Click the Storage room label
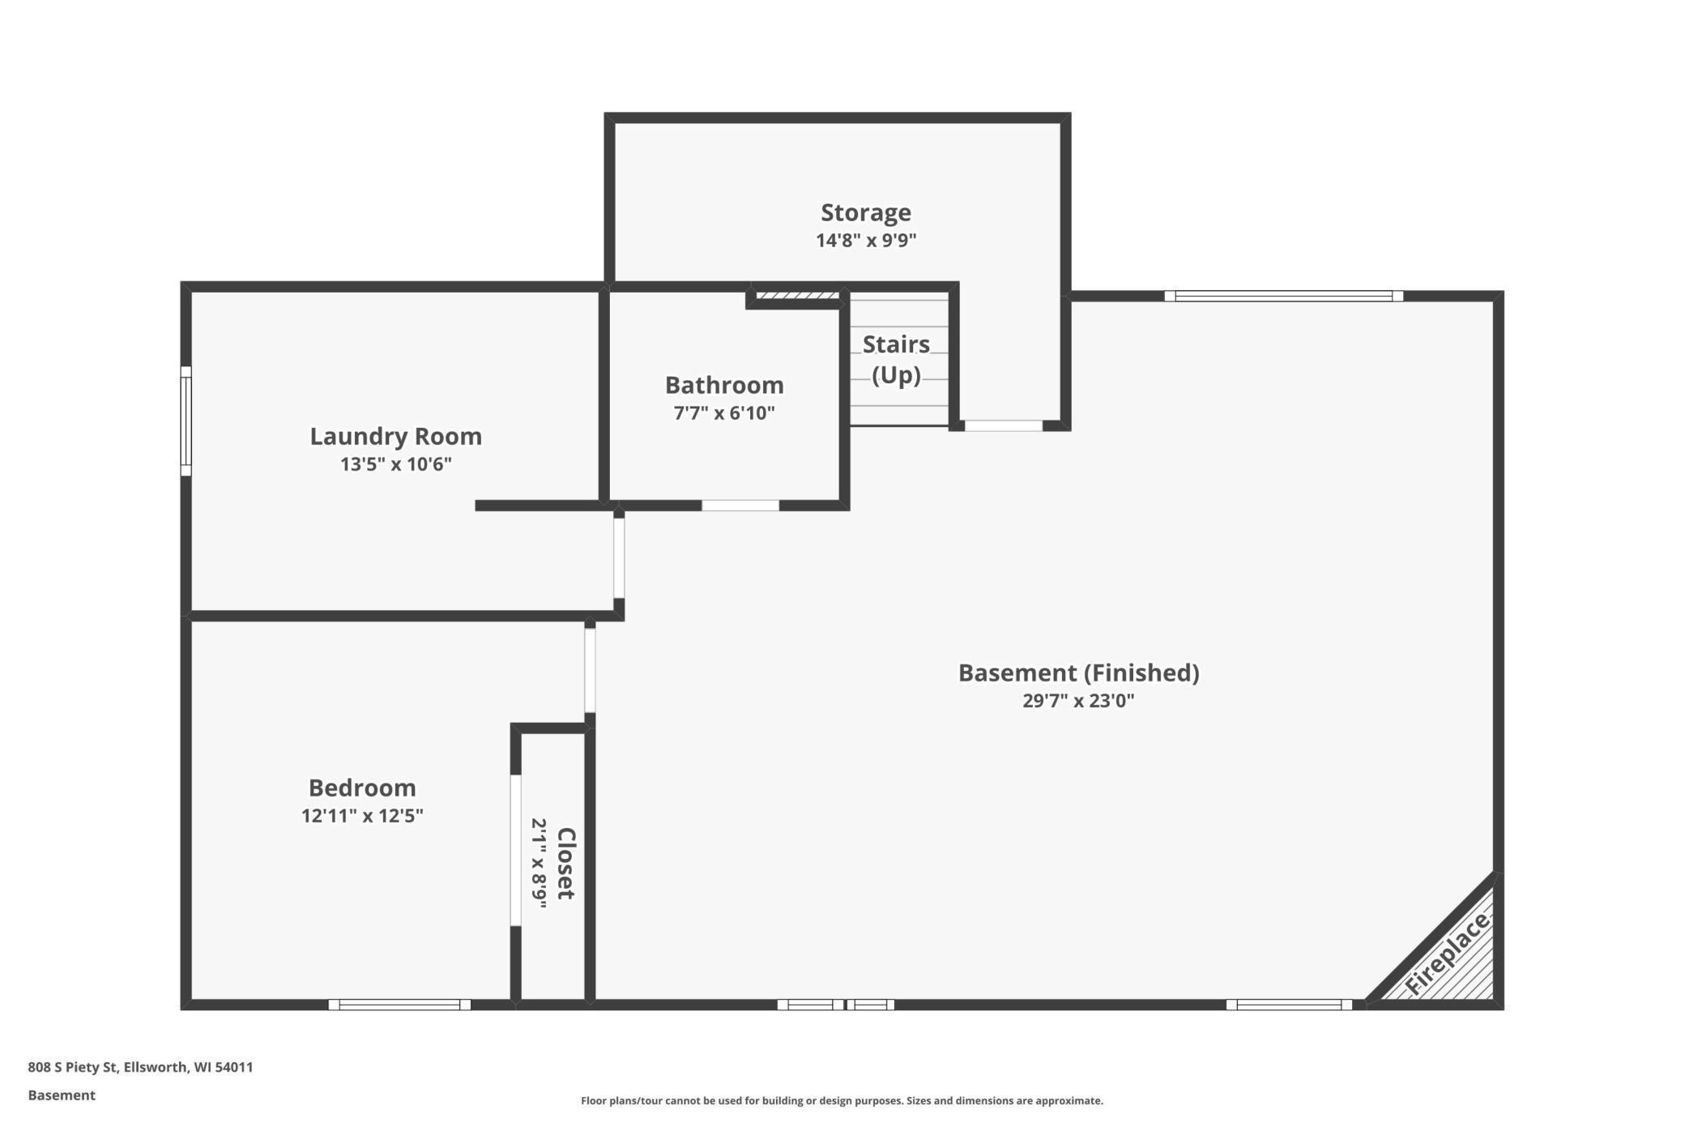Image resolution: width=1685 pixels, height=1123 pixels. click(866, 212)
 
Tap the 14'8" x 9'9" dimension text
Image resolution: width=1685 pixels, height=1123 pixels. click(866, 241)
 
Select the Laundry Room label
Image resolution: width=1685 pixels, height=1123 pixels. click(395, 436)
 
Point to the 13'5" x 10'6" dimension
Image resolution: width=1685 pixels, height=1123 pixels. click(395, 464)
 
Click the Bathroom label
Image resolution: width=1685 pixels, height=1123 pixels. click(724, 385)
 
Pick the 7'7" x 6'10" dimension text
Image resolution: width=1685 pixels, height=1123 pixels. click(724, 413)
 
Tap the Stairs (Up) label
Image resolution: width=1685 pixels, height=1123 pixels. click(896, 360)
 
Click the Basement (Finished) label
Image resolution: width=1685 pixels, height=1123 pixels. click(1078, 673)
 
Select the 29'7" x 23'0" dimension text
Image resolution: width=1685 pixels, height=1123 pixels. click(1078, 701)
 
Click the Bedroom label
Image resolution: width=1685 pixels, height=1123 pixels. click(362, 788)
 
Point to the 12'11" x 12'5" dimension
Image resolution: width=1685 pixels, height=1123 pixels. click(362, 816)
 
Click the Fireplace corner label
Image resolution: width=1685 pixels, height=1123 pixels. click(1447, 953)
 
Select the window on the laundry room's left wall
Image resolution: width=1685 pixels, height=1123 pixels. click(186, 421)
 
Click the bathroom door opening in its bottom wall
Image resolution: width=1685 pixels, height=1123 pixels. click(740, 506)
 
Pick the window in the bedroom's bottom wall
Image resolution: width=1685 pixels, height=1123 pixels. click(399, 1005)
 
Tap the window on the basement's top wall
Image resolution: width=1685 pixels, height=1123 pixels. click(1283, 296)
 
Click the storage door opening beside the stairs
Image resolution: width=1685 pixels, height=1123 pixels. click(1003, 425)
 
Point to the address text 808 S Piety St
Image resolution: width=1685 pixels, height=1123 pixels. click(74, 1067)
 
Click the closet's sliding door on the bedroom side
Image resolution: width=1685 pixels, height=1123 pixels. click(515, 850)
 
